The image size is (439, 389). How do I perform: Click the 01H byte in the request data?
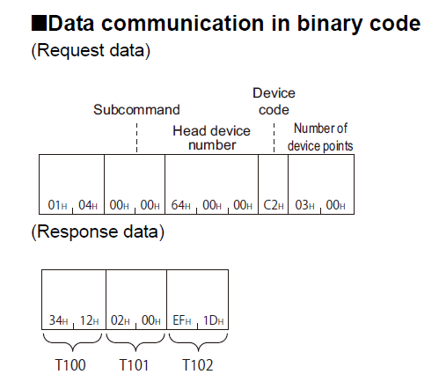(x=57, y=205)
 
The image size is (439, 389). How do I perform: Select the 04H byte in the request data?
(x=88, y=205)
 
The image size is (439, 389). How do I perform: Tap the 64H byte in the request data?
(x=181, y=205)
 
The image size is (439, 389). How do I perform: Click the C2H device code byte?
(x=274, y=205)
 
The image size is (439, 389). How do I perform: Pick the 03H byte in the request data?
(x=304, y=205)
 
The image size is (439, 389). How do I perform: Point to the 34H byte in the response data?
(x=59, y=320)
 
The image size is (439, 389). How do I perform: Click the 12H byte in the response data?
(x=90, y=320)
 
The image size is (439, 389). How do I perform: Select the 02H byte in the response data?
(x=121, y=320)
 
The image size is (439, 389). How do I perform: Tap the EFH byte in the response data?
(x=182, y=320)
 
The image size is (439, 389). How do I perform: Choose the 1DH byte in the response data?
(x=214, y=320)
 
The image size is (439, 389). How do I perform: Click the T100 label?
(x=70, y=365)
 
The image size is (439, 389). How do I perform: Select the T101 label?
(x=134, y=365)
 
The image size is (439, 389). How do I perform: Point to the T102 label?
(x=198, y=365)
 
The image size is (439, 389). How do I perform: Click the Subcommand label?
(x=136, y=110)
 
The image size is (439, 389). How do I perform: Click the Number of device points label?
(x=320, y=137)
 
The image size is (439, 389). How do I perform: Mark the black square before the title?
(x=39, y=24)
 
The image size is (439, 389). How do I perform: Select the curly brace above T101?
(x=135, y=341)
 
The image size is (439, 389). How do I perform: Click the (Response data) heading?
(x=98, y=231)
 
